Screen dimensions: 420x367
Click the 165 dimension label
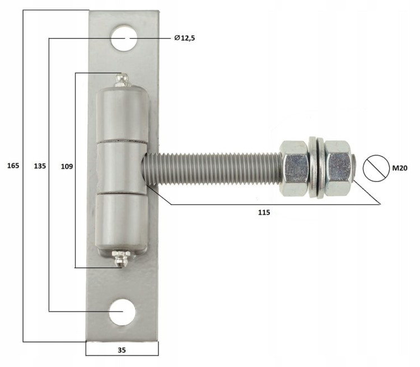coord(13,166)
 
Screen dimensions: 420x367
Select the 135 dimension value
coord(40,166)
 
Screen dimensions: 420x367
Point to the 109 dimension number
coord(67,167)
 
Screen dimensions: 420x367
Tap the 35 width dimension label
coord(122,350)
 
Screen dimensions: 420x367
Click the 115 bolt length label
coord(264,213)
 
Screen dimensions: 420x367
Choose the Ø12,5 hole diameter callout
coord(185,38)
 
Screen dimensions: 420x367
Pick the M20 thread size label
coord(400,168)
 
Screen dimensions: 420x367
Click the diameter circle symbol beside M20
coord(376,168)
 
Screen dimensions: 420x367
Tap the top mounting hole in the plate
coord(124,38)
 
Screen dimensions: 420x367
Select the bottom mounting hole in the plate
coord(122,312)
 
